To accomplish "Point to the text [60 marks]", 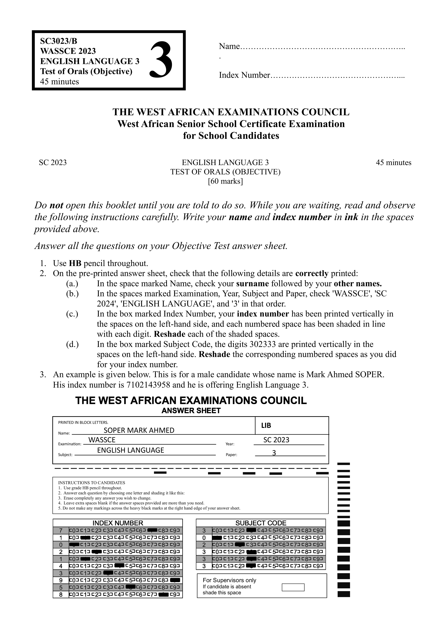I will click(x=225, y=181).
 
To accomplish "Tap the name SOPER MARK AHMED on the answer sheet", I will click(x=139, y=430).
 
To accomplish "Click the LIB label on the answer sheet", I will click(x=266, y=425).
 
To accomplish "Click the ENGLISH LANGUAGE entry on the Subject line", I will click(x=131, y=450).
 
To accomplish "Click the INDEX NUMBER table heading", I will click(x=118, y=523).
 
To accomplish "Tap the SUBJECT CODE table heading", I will click(x=261, y=523).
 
